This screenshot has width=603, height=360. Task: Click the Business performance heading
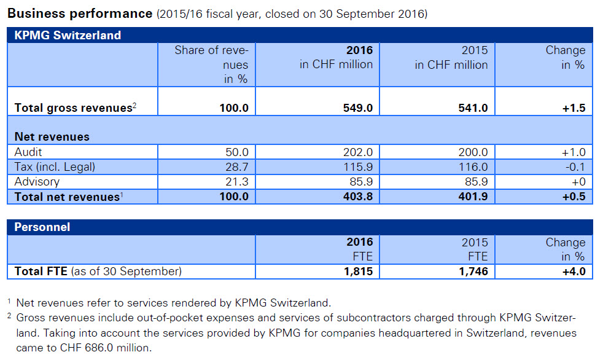click(x=80, y=13)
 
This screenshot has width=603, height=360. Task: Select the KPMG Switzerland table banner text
click(x=68, y=36)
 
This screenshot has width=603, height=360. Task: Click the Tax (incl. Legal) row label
click(x=56, y=167)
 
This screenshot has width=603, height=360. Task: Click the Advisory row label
click(x=37, y=182)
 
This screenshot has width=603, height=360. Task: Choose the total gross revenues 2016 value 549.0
click(x=356, y=108)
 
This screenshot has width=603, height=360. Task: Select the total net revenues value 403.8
click(x=356, y=197)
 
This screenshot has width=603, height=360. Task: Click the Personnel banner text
click(x=42, y=227)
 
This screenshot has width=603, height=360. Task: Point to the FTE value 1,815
click(x=356, y=271)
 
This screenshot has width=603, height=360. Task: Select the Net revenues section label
click(x=52, y=137)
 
